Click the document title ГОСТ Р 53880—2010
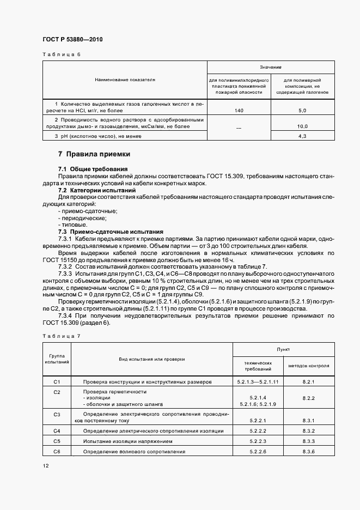click(x=72, y=40)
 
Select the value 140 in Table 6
click(x=239, y=111)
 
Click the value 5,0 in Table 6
click(x=302, y=111)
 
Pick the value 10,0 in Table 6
click(x=302, y=126)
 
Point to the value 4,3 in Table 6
click(x=302, y=136)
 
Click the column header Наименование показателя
click(x=125, y=80)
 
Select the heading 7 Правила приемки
click(x=94, y=154)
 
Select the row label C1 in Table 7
click(x=57, y=382)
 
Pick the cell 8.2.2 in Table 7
click(x=309, y=398)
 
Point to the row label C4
click(x=57, y=431)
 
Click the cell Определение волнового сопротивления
click(x=134, y=452)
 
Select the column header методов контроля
click(x=309, y=366)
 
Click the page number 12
click(x=45, y=466)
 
